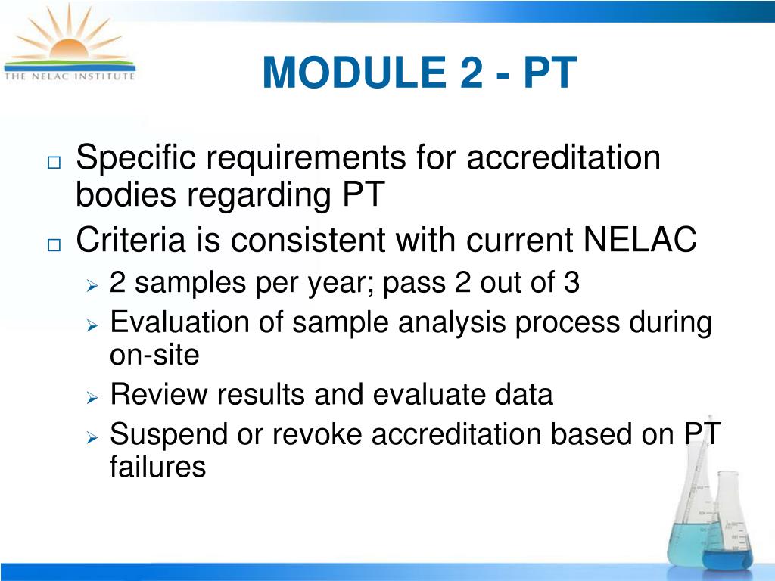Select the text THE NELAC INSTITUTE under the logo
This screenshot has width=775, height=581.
(70, 76)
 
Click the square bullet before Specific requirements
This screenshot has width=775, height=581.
(54, 163)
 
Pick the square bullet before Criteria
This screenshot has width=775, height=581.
(54, 244)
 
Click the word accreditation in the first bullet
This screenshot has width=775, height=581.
(563, 159)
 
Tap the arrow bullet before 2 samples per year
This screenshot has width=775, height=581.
(92, 285)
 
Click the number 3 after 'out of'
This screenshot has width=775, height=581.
(571, 283)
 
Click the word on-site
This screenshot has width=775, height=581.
(154, 354)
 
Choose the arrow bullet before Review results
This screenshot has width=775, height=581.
(92, 397)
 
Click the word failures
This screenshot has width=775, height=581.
(157, 467)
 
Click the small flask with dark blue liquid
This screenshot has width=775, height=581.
(727, 533)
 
